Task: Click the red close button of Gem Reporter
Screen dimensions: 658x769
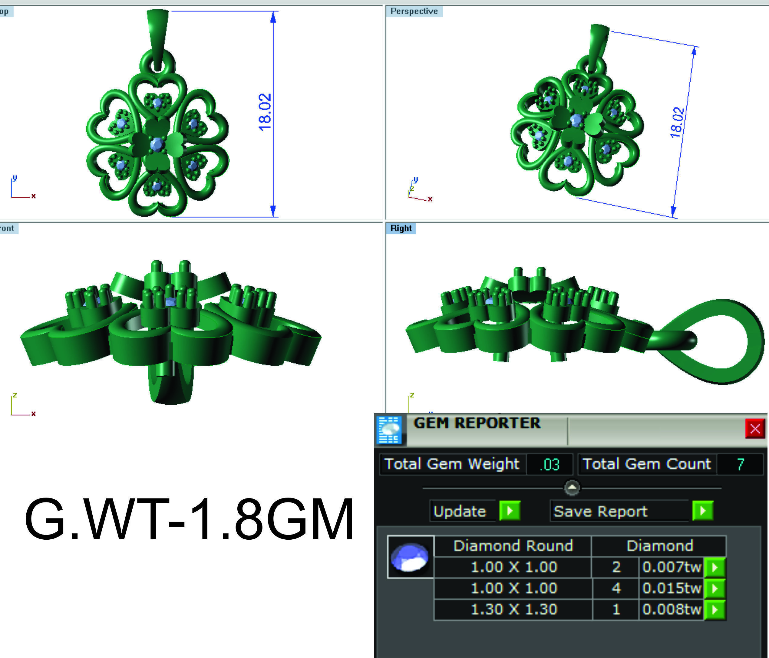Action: (755, 429)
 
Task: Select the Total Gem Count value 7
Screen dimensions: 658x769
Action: (740, 464)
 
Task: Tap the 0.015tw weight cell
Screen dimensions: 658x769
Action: (672, 588)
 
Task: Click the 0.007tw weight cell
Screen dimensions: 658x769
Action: (672, 567)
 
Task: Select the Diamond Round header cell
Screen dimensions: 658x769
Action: (513, 545)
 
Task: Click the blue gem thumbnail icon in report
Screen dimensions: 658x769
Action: (410, 557)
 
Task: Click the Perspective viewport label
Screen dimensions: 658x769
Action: (414, 11)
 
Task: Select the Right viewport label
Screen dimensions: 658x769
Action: (401, 228)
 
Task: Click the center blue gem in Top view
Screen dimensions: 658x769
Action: (157, 144)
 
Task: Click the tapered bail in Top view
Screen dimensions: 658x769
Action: (157, 33)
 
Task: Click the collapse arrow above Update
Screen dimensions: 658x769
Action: (572, 487)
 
